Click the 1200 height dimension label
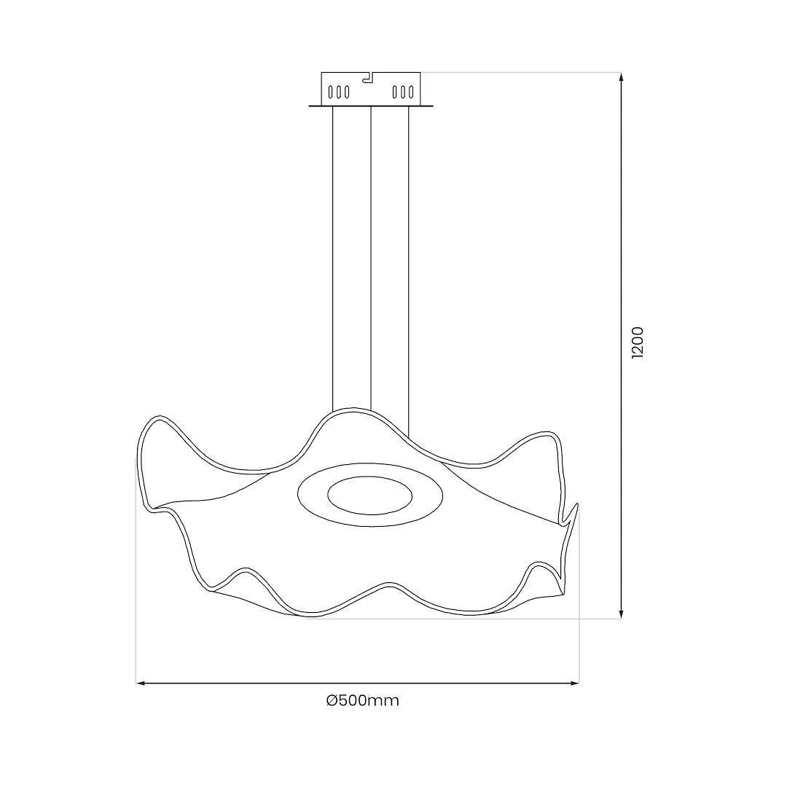pos(638,342)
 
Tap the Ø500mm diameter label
pos(363,701)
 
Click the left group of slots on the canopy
pos(339,92)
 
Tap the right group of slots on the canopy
pos(403,92)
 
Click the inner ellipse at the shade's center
pos(369,496)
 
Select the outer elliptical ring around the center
pos(369,519)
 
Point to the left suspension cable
pos(333,255)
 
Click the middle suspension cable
pos(372,255)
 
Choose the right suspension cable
pos(409,255)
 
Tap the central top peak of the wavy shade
pos(353,411)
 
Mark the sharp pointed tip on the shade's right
pos(577,504)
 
